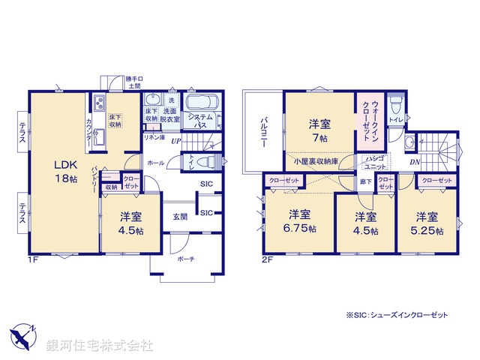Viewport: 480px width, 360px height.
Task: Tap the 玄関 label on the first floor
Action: [181, 217]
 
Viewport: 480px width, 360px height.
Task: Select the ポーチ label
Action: [187, 259]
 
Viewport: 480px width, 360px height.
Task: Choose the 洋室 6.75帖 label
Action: [299, 221]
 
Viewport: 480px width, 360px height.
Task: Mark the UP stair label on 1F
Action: [175, 140]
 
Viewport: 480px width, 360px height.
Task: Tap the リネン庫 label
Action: [154, 137]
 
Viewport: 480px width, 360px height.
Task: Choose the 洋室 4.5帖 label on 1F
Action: [130, 223]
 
